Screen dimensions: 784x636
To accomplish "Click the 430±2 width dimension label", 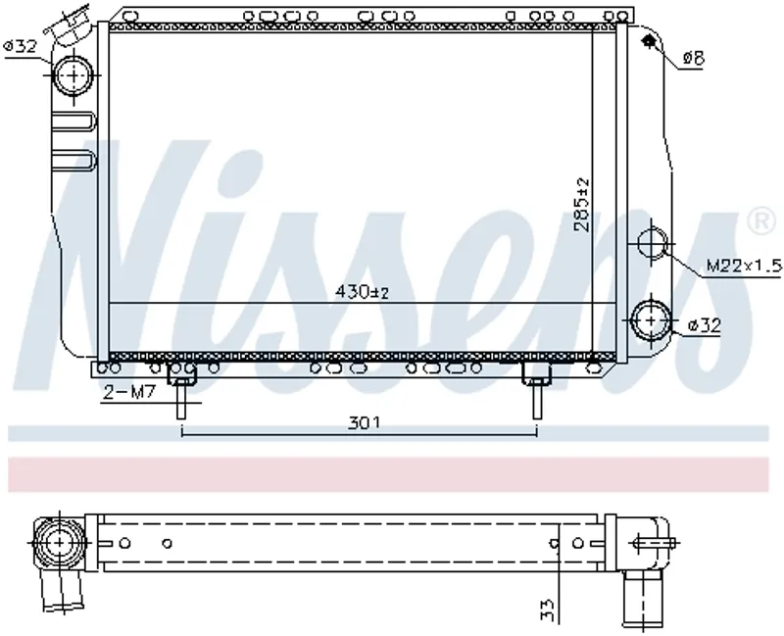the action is coord(362,291).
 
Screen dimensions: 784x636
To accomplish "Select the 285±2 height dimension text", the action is coord(581,205).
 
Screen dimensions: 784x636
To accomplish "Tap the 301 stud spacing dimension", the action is coord(364,423).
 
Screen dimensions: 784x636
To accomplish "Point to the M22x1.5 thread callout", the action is coord(744,266).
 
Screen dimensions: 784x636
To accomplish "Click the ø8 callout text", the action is coord(694,59).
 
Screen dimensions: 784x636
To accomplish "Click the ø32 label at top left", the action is coord(20,46).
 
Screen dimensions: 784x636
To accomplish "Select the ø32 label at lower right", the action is coord(705,325).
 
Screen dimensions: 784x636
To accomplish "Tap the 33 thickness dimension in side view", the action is coord(548,610).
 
